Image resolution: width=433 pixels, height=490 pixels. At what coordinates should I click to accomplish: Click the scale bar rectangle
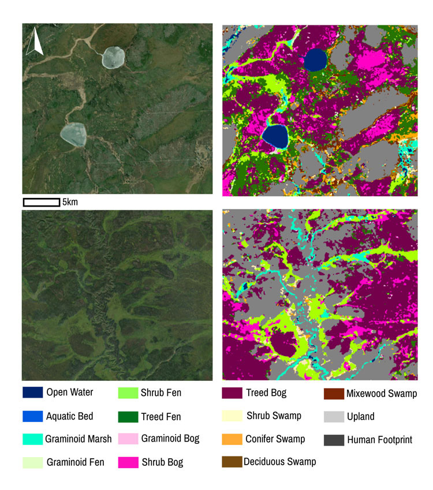tap(41, 202)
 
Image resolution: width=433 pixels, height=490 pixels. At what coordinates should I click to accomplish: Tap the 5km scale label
tap(70, 202)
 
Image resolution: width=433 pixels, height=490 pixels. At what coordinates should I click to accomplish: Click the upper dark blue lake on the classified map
tap(316, 59)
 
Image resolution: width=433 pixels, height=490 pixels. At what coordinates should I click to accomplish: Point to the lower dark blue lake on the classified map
tap(274, 136)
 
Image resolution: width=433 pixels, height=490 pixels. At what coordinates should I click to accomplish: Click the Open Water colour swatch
tap(33, 393)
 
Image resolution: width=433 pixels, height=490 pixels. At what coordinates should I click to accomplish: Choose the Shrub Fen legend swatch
tap(128, 393)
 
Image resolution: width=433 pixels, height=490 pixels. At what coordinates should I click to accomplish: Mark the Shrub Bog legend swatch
tap(128, 462)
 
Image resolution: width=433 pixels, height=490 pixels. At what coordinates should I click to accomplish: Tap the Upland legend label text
tap(361, 416)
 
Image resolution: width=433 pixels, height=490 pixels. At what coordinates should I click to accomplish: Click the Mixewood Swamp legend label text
tap(382, 394)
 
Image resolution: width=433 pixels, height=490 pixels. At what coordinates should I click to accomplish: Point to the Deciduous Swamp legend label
tap(279, 462)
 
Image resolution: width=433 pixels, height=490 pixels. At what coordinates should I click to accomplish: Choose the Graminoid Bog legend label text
tap(170, 439)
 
